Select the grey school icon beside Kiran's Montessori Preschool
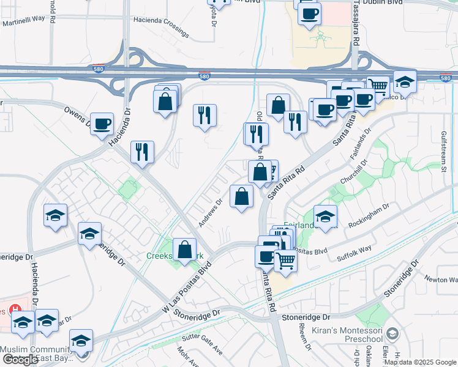pos(392,333)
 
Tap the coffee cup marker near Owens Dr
pos(102,124)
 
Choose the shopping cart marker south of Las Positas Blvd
pos(285,261)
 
